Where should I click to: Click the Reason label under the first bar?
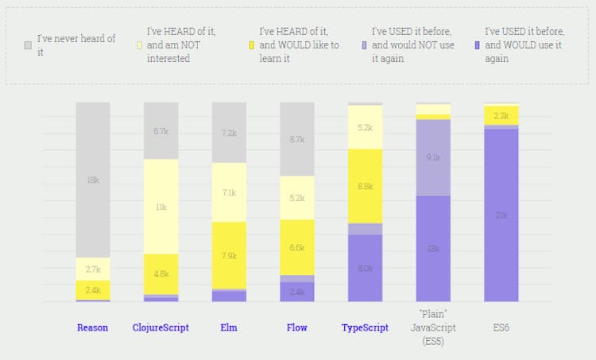93,327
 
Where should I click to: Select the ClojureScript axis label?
161,327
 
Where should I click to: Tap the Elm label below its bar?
229,327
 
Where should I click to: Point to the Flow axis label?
296,327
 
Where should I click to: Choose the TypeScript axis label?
365,327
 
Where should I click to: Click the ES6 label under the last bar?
501,327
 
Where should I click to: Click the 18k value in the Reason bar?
93,180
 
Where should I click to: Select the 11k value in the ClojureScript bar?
161,207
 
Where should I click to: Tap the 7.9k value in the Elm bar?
229,255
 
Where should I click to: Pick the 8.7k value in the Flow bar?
296,139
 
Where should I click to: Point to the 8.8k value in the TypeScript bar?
365,187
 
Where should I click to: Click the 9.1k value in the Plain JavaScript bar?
433,157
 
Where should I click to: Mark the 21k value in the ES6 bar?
501,215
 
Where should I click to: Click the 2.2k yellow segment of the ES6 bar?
501,116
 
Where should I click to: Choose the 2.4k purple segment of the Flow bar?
296,292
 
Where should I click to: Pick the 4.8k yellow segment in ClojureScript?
161,274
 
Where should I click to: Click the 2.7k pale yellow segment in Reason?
93,269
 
